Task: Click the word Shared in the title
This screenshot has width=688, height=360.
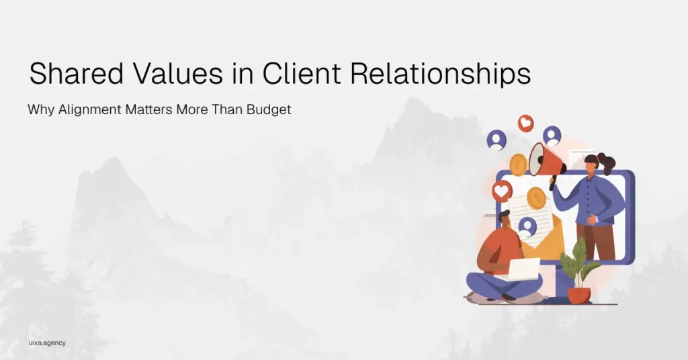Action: click(x=77, y=73)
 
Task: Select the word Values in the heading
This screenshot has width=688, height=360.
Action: click(x=177, y=73)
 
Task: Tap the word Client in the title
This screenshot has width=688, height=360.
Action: click(x=302, y=73)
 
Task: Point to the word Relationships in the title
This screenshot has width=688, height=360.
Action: click(x=441, y=75)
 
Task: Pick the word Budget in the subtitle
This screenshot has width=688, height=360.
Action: click(x=269, y=109)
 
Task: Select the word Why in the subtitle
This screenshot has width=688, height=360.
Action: click(x=41, y=109)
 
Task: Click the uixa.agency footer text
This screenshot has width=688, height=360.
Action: click(x=47, y=343)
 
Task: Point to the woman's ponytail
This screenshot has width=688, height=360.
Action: click(x=607, y=163)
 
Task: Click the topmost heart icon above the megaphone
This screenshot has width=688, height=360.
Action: click(x=525, y=123)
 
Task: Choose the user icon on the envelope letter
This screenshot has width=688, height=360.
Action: click(x=527, y=227)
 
